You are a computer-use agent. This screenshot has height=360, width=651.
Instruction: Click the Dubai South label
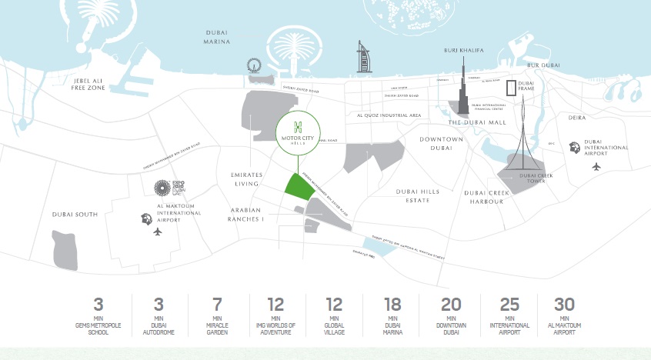coord(75,214)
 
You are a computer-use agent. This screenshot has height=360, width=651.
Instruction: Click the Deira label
coord(576,118)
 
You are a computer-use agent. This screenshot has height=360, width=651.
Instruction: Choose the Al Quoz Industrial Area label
coord(389,115)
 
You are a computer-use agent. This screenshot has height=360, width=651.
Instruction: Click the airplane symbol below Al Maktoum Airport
coord(159,232)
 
